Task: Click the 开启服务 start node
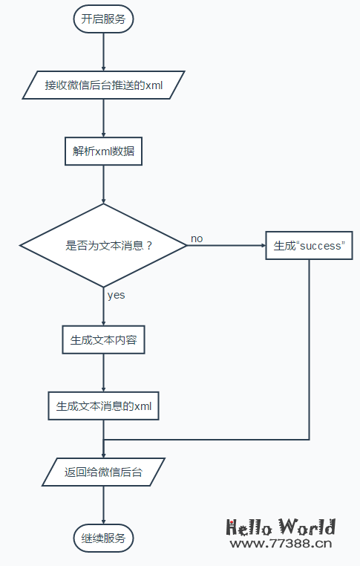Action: pyautogui.click(x=103, y=19)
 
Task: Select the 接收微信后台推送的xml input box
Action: pyautogui.click(x=103, y=85)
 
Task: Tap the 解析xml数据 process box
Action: pyautogui.click(x=103, y=151)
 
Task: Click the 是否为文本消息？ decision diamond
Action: pyautogui.click(x=103, y=245)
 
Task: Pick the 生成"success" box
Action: pyautogui.click(x=309, y=245)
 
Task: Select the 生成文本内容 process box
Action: pyautogui.click(x=103, y=341)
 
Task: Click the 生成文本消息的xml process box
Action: pyautogui.click(x=103, y=406)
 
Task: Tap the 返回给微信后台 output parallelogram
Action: pyautogui.click(x=103, y=472)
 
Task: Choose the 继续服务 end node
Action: pyautogui.click(x=103, y=538)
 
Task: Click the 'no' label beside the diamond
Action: pyautogui.click(x=197, y=238)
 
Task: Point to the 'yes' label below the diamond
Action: pyautogui.click(x=116, y=295)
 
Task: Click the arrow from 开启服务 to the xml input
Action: pyautogui.click(x=103, y=52)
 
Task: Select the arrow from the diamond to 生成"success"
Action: pyautogui.click(x=226, y=245)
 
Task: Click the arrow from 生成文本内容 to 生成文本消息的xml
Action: pyautogui.click(x=103, y=374)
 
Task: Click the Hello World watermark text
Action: pyautogui.click(x=281, y=527)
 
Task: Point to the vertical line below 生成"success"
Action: pyautogui.click(x=309, y=349)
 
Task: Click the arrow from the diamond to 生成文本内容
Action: pyautogui.click(x=103, y=308)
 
